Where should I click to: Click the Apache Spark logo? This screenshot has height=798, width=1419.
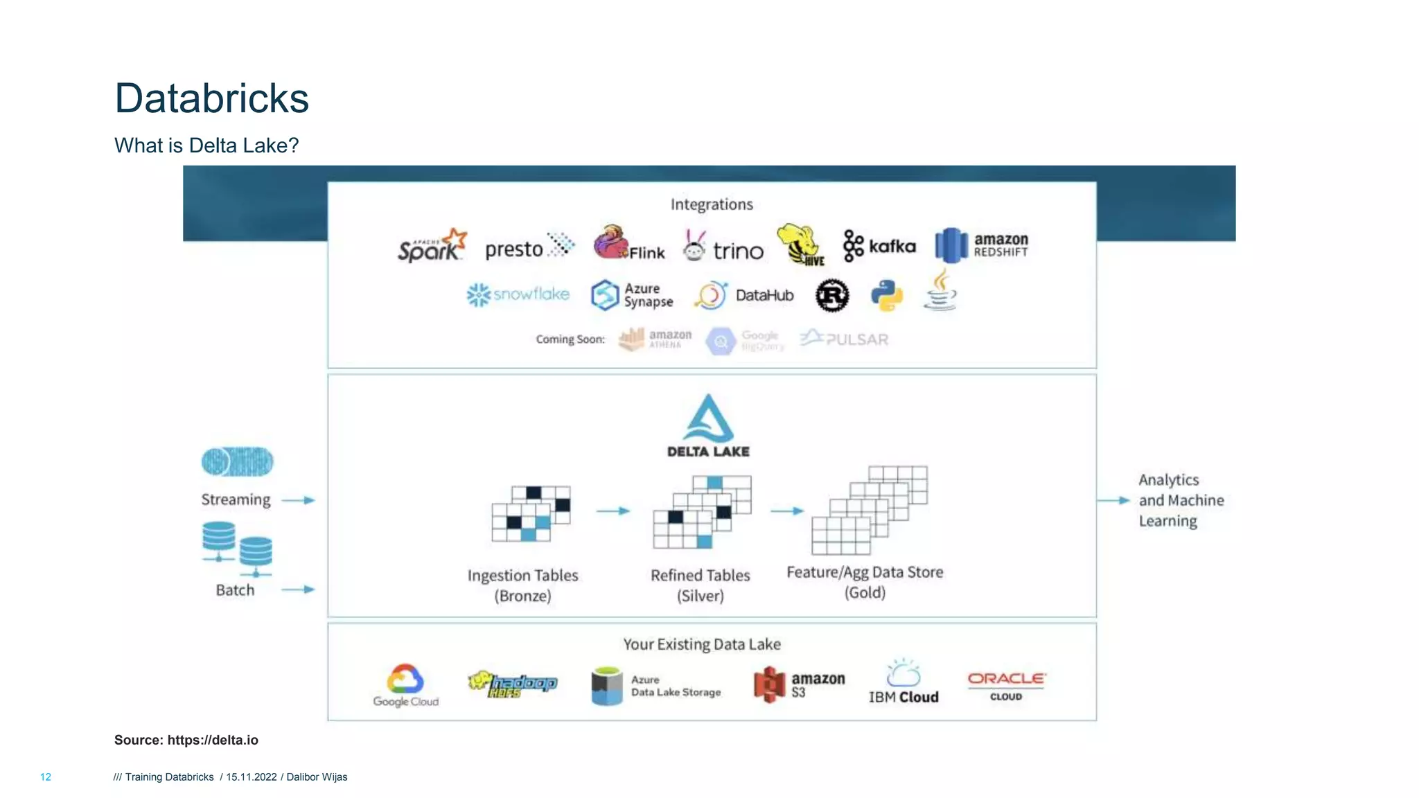tap(431, 247)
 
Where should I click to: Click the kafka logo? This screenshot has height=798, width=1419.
tap(879, 247)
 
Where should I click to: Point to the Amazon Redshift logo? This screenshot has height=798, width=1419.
tap(981, 245)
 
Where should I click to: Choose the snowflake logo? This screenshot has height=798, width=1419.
tap(518, 294)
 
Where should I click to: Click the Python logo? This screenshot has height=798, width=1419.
tap(886, 295)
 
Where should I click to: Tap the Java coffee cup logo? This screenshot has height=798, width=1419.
tap(940, 291)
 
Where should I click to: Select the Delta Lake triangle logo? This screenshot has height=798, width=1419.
tap(708, 420)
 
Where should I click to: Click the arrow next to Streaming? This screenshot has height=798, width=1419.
tap(299, 500)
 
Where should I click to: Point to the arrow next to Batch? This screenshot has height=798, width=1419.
tap(299, 589)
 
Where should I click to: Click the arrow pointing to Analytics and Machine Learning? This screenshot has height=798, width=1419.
tap(1113, 500)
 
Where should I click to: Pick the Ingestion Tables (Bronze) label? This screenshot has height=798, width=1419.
tap(522, 585)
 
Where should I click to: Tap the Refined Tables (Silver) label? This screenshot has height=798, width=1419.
tap(700, 585)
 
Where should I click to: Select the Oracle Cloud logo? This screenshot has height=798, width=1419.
tap(1006, 686)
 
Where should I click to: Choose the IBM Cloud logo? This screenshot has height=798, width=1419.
tap(904, 682)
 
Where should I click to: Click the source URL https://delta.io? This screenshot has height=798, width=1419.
tap(213, 740)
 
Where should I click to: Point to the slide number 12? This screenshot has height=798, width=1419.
tap(46, 777)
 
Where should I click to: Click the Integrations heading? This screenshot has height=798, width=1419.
tap(712, 204)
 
